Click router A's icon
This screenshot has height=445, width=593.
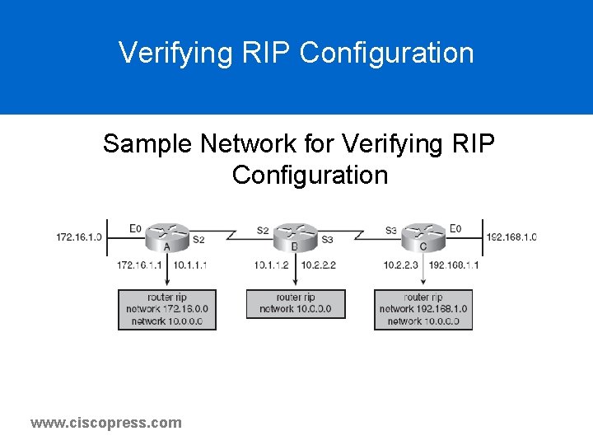click(166, 236)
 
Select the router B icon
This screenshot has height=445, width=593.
click(295, 236)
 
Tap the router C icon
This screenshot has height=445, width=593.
click(423, 236)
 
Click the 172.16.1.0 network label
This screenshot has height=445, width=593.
click(79, 237)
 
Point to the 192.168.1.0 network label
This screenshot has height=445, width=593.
click(511, 237)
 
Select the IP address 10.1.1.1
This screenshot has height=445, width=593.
click(190, 265)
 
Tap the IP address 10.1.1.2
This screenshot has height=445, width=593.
click(271, 265)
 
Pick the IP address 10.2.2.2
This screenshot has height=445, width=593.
click(319, 265)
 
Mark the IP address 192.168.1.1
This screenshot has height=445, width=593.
click(453, 265)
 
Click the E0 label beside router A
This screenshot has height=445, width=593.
click(135, 228)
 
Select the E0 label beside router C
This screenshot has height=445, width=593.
click(455, 228)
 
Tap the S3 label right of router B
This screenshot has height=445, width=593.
click(328, 240)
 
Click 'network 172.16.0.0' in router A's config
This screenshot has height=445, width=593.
click(167, 309)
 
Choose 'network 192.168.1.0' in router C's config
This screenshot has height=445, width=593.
click(423, 309)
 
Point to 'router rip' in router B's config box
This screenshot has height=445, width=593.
click(295, 297)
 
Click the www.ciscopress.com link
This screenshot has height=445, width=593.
click(106, 423)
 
